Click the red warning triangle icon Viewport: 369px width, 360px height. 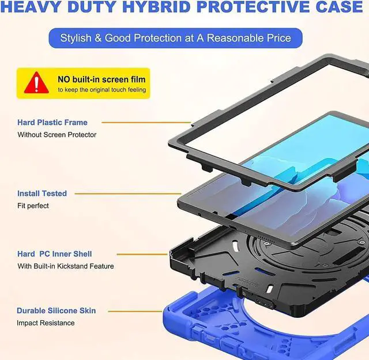pos(36,83)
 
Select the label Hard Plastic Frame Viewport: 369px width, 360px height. pos(52,122)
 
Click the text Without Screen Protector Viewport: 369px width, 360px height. pos(57,135)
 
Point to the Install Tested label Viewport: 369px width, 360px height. pos(42,194)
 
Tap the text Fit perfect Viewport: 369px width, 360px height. pos(33,206)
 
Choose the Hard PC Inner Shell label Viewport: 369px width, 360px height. pos(54,253)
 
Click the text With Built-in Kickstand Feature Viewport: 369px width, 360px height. pos(65,266)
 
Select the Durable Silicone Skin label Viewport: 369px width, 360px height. pos(56,310)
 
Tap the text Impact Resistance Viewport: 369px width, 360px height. pos(46,323)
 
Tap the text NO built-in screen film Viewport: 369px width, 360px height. pos(101,78)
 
